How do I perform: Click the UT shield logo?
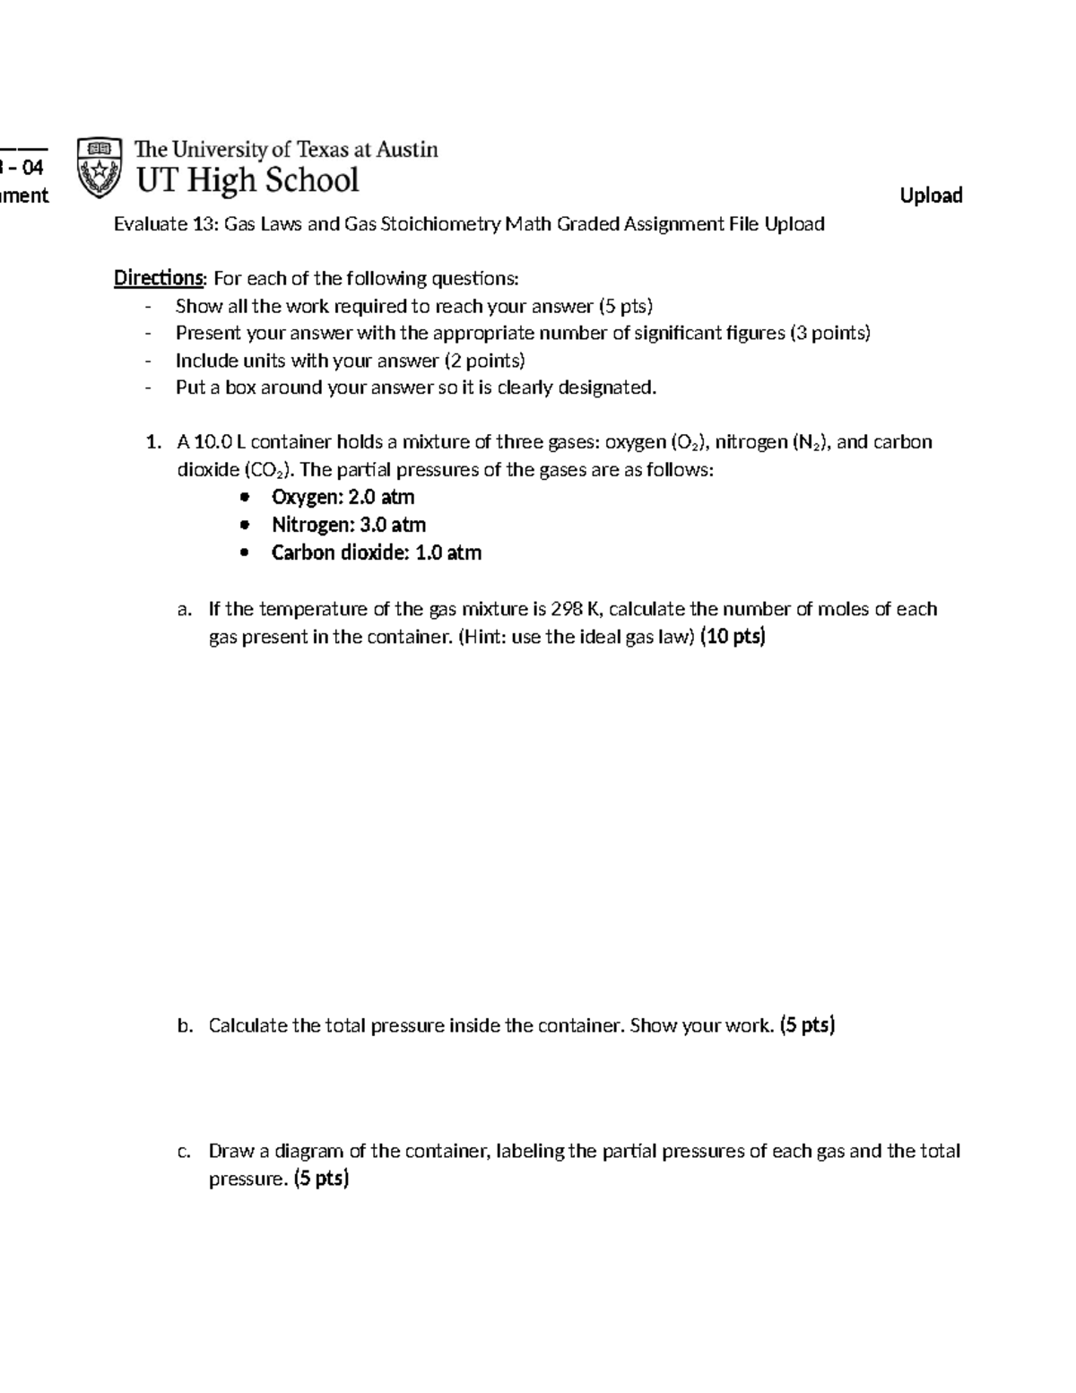[x=99, y=167]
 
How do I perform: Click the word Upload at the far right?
[x=931, y=196]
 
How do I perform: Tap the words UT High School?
[x=247, y=180]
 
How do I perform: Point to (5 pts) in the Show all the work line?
[x=625, y=306]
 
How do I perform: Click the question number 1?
[x=153, y=442]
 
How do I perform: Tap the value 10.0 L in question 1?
[x=220, y=442]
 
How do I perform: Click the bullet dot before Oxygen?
[x=246, y=498]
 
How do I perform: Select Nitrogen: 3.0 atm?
[x=348, y=525]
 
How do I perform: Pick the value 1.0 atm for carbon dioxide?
[x=448, y=553]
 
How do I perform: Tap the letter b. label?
[x=185, y=1026]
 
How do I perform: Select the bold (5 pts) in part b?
[x=807, y=1025]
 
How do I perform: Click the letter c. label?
[x=184, y=1152]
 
